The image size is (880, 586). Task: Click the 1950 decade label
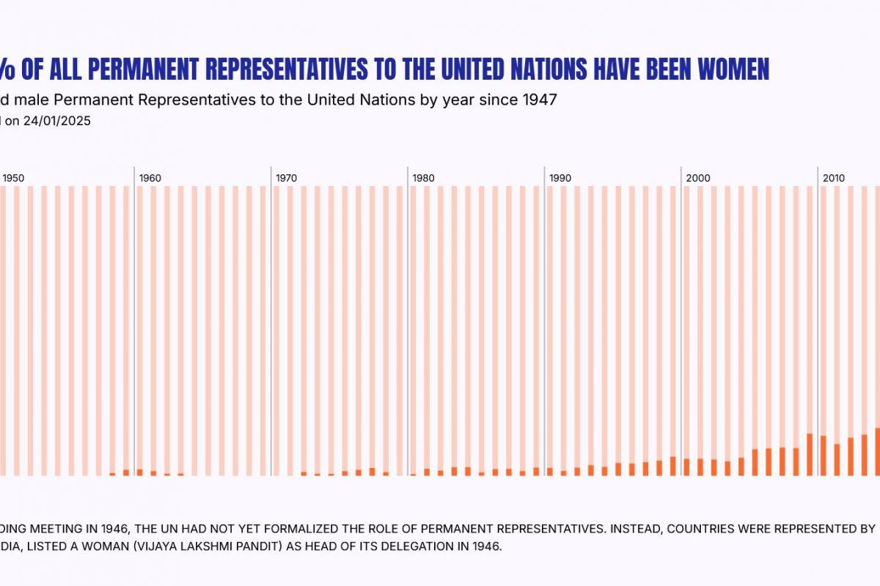[x=13, y=178]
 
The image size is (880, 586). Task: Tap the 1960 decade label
[x=150, y=178]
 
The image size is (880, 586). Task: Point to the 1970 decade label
[x=287, y=178]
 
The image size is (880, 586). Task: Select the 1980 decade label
[x=423, y=178]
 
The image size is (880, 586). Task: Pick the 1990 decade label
[x=560, y=178]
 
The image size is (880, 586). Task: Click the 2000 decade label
[x=698, y=178]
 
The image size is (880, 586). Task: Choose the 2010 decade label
[x=834, y=178]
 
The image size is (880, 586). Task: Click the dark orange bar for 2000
[x=687, y=467]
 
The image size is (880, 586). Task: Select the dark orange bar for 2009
[x=810, y=455]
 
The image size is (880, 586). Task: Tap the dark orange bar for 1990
[x=550, y=472]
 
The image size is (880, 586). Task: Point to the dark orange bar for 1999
[x=673, y=467]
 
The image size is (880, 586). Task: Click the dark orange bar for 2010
[x=824, y=456]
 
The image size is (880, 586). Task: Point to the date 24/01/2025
[x=57, y=122]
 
